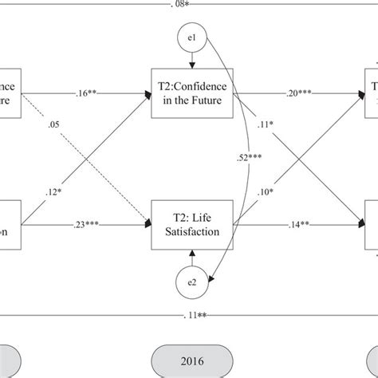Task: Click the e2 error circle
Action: point(189,281)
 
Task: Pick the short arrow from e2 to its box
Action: point(189,256)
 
